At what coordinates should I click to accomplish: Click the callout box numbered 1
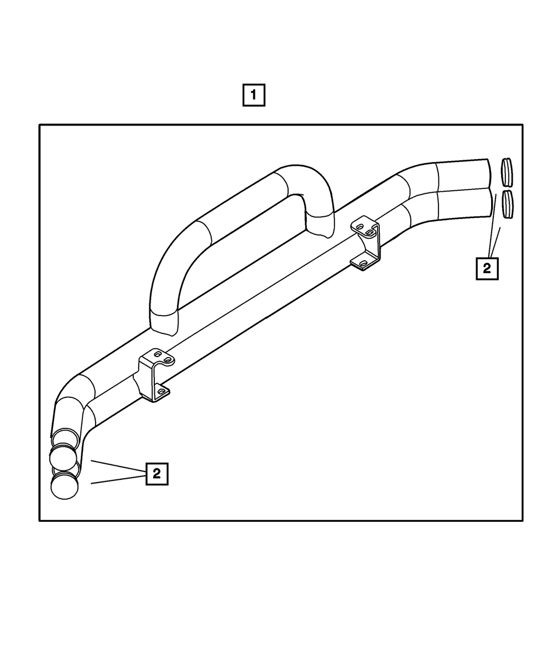click(254, 95)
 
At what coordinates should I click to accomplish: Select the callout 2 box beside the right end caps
click(487, 269)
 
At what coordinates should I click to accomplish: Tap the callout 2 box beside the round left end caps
click(156, 474)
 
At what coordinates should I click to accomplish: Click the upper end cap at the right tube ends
click(507, 172)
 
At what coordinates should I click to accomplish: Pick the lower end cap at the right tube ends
click(508, 205)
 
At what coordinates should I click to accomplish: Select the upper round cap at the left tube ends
click(63, 458)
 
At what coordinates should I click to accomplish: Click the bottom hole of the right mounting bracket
click(363, 264)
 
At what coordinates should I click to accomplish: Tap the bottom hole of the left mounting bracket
click(161, 391)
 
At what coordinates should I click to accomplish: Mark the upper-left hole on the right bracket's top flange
click(359, 226)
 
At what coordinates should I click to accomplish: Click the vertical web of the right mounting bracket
click(375, 243)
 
